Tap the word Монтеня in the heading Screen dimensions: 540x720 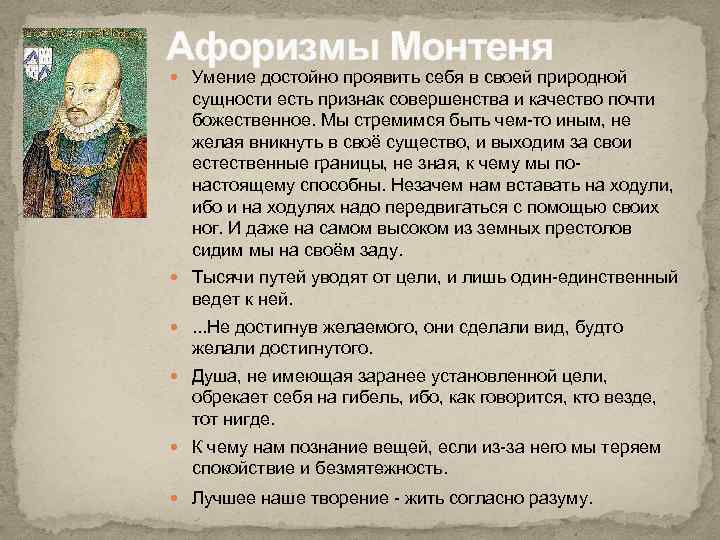pos(469,46)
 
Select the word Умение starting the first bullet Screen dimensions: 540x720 pos(223,78)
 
